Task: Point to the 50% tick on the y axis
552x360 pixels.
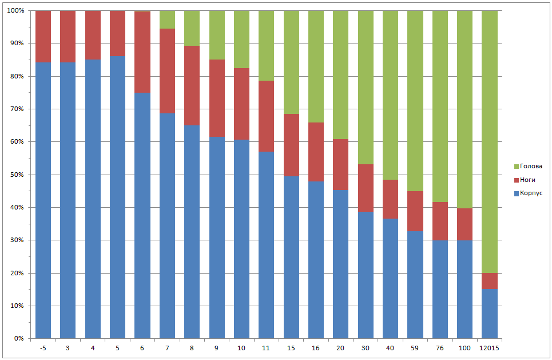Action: coord(17,175)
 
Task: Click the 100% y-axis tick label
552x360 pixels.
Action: coord(15,11)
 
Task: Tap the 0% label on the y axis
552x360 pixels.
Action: coord(18,338)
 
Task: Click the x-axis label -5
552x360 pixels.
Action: coord(43,348)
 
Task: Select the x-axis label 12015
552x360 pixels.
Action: coord(490,348)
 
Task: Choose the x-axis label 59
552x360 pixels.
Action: coord(415,348)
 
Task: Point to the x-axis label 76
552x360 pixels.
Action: coord(440,348)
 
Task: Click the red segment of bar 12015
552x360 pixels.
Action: coord(490,281)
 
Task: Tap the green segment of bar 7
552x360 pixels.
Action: coord(167,19)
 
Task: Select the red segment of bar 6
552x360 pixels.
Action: coord(142,52)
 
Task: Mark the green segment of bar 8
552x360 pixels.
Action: coord(192,28)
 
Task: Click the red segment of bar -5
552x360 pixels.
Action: coord(43,37)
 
